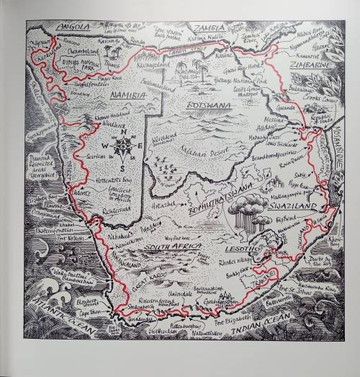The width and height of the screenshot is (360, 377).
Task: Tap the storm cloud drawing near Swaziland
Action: click(246, 210)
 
